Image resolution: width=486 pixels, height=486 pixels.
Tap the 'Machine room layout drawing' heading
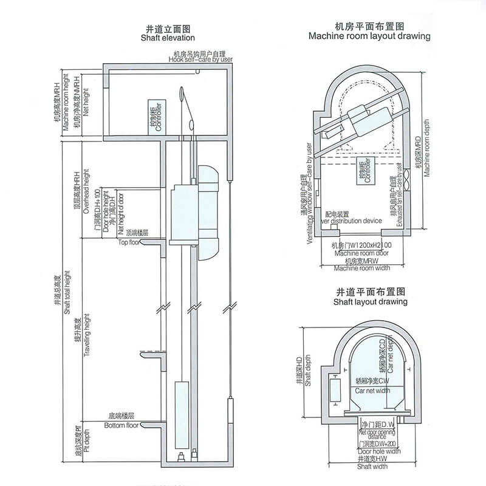369,36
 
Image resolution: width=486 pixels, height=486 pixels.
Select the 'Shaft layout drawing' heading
370,301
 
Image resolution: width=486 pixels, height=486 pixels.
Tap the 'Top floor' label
129,242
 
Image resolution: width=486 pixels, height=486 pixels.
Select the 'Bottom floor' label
122,425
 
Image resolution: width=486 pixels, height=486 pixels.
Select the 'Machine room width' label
362,268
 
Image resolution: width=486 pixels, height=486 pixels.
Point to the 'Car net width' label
372,391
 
